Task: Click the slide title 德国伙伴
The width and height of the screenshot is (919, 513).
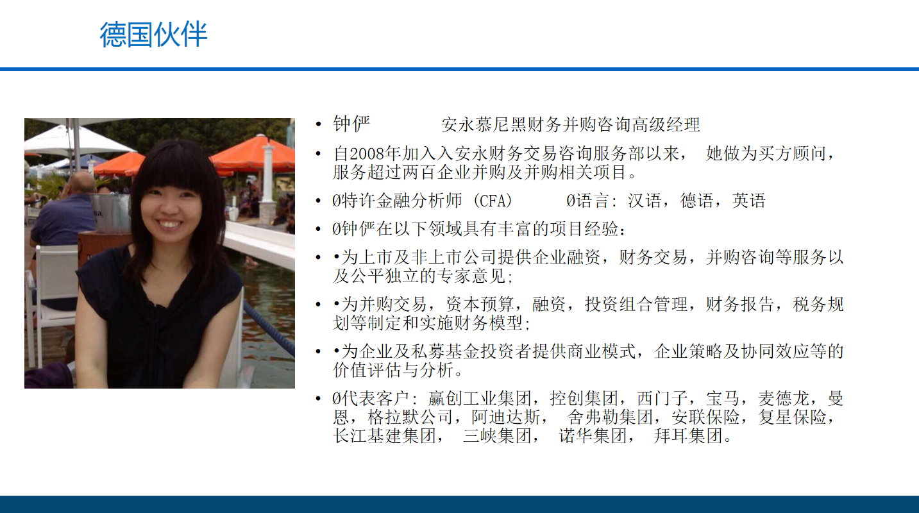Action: [153, 35]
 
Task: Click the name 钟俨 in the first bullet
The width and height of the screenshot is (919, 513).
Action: [351, 124]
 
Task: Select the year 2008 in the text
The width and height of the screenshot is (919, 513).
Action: [367, 154]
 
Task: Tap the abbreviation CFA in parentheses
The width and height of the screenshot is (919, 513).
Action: [493, 201]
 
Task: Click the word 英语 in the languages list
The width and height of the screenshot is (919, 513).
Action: [749, 201]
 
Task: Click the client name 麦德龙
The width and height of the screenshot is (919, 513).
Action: [784, 398]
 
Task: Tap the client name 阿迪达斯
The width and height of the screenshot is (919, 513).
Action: [506, 417]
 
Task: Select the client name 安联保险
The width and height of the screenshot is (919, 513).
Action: [705, 417]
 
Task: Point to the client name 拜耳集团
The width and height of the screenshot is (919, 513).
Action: [688, 435]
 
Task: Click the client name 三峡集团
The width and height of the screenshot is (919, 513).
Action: [497, 435]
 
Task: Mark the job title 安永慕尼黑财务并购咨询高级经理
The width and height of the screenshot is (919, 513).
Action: [571, 124]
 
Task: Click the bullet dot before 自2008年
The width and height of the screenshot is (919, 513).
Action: [318, 154]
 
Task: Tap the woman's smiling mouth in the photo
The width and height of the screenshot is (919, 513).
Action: [169, 224]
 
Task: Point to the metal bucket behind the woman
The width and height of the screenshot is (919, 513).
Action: [110, 214]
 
